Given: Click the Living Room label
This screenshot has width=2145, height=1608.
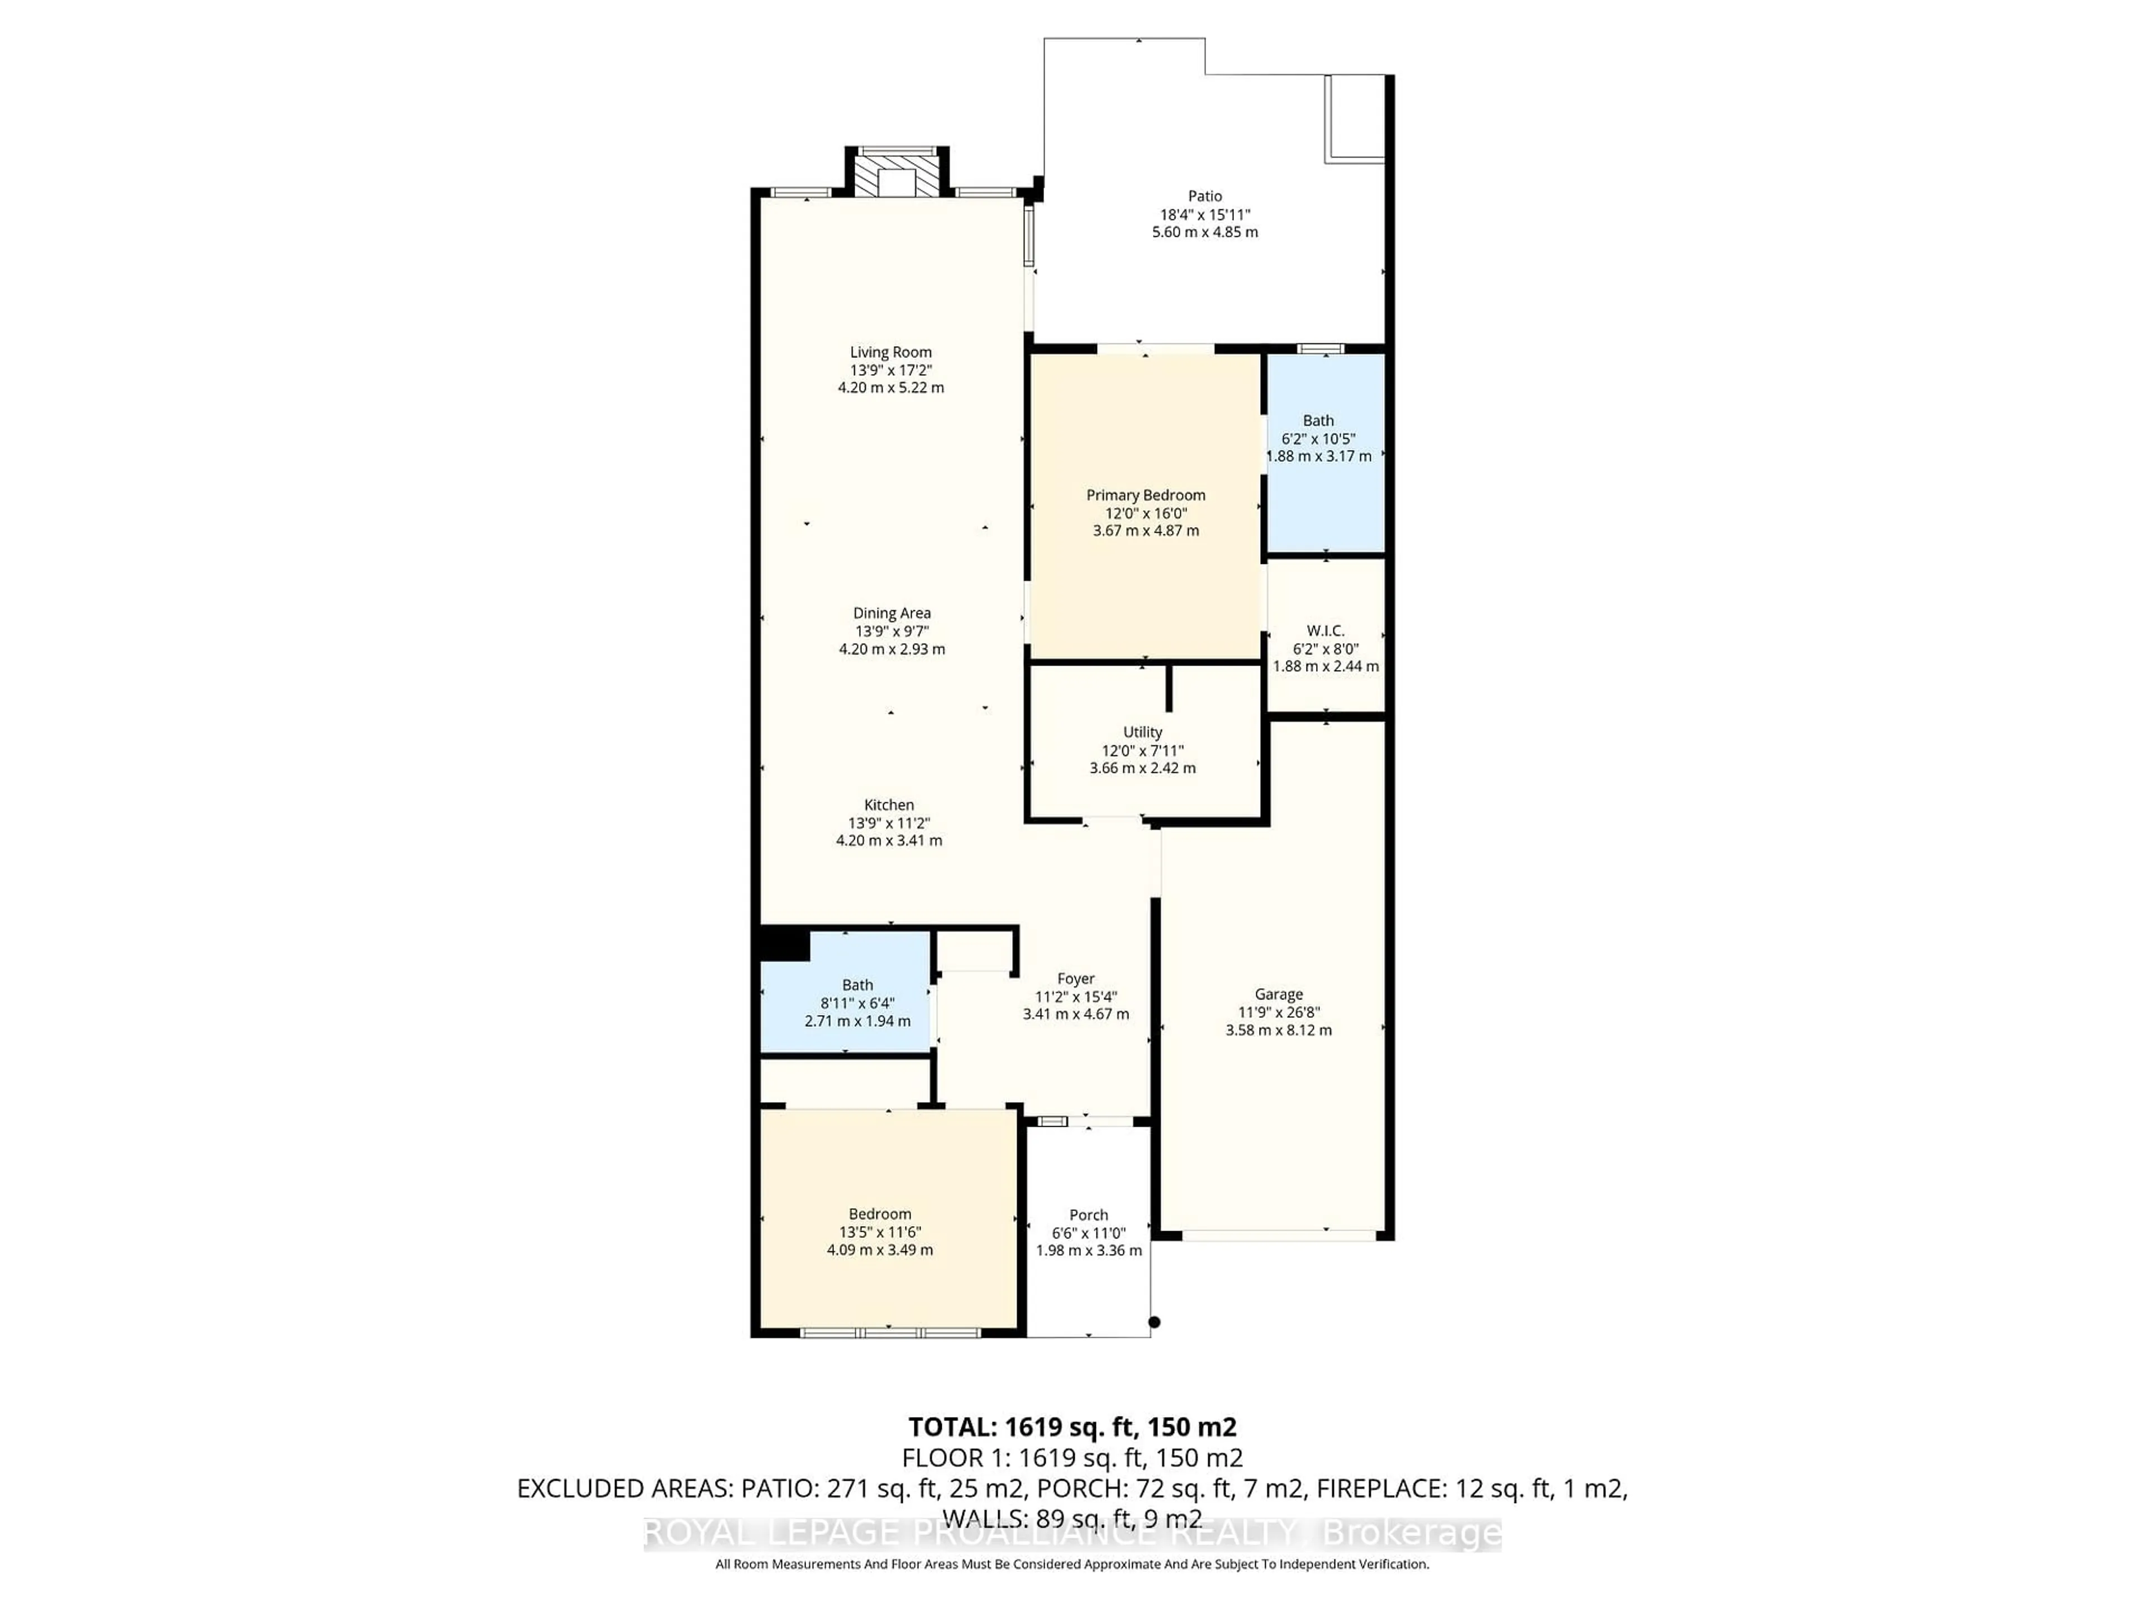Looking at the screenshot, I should [890, 352].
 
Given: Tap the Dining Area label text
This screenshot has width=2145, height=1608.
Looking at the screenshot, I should [891, 612].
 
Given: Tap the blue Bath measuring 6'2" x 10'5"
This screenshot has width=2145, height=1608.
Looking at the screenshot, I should [1324, 456].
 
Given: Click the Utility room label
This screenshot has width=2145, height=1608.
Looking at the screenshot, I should [1142, 732].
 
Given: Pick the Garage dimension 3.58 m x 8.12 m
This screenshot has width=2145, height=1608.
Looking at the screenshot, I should [1278, 1030].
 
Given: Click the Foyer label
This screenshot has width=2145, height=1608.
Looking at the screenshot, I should [1075, 979].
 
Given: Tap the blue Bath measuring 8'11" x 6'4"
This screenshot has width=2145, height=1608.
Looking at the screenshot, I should [846, 1003].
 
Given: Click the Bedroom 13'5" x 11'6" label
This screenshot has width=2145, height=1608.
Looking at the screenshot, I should [880, 1213].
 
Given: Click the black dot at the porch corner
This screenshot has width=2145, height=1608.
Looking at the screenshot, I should [1154, 1322].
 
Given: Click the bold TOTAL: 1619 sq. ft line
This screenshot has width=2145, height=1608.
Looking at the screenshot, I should [1071, 1427].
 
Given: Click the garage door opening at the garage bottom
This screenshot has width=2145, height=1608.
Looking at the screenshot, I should [1278, 1236].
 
